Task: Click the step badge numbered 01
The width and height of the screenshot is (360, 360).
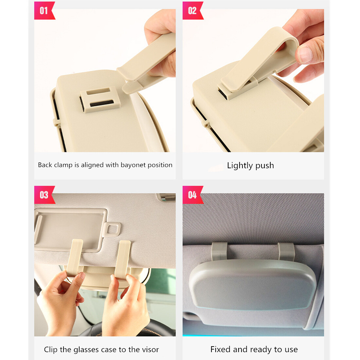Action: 44,10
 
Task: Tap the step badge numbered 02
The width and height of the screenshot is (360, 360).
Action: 192,10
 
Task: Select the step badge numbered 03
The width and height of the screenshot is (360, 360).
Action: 44,195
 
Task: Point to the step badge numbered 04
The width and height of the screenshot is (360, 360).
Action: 192,195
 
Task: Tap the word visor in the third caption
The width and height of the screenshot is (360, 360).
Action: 151,350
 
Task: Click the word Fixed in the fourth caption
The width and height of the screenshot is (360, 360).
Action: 220,350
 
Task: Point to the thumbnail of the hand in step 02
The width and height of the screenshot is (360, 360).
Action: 306,55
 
